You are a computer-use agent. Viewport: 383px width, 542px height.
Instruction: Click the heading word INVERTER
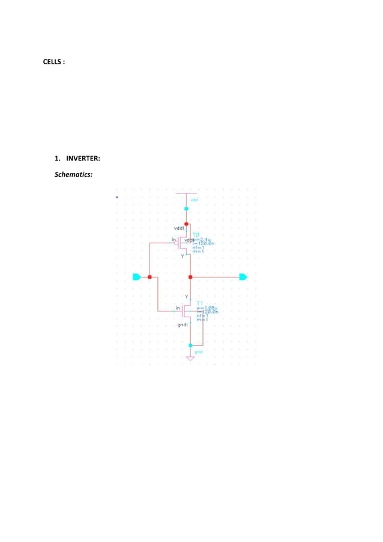pyautogui.click(x=82, y=159)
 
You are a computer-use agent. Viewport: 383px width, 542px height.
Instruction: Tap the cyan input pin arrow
pyautogui.click(x=137, y=277)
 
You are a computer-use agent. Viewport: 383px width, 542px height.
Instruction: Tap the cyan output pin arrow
pyautogui.click(x=243, y=277)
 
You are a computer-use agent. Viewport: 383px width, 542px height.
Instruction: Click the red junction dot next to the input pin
pyautogui.click(x=149, y=277)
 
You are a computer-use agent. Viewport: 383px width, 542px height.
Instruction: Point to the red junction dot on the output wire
pyautogui.click(x=190, y=277)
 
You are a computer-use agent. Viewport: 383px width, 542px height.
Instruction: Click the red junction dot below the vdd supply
pyautogui.click(x=186, y=224)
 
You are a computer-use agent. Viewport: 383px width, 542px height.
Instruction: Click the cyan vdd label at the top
pyautogui.click(x=194, y=199)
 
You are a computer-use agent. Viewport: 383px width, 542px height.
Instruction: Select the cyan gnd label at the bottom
pyautogui.click(x=198, y=352)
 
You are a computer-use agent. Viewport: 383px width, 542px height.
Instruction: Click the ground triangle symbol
pyautogui.click(x=190, y=359)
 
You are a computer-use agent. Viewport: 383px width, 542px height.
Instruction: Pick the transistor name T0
pyautogui.click(x=196, y=235)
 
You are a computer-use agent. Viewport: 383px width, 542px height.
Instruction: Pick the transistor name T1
pyautogui.click(x=201, y=302)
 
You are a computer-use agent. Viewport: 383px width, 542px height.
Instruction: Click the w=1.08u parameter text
pyautogui.click(x=208, y=308)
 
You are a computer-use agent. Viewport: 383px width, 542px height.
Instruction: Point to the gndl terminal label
pyautogui.click(x=183, y=324)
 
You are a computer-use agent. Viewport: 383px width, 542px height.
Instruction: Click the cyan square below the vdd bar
pyautogui.click(x=186, y=209)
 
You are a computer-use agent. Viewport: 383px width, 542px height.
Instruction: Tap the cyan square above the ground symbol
pyautogui.click(x=190, y=346)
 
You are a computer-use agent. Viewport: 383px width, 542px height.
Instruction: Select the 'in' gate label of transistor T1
pyautogui.click(x=178, y=308)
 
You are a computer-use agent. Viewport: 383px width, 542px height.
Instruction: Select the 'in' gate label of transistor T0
pyautogui.click(x=174, y=240)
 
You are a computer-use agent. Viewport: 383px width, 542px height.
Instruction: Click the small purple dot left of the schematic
pyautogui.click(x=116, y=196)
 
